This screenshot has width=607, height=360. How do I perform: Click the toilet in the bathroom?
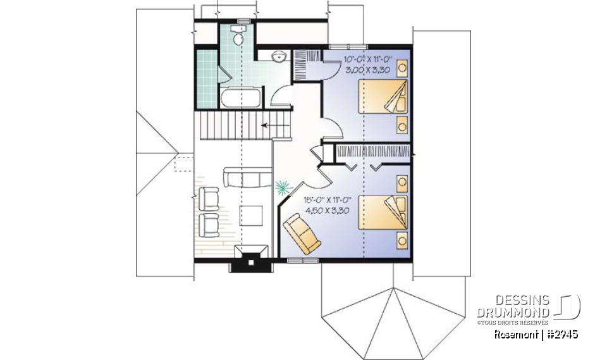point(238,38)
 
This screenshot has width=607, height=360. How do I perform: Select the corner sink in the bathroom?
point(279,57)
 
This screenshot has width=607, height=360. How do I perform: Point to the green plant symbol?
point(282,187)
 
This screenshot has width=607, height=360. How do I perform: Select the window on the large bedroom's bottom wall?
point(298,260)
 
